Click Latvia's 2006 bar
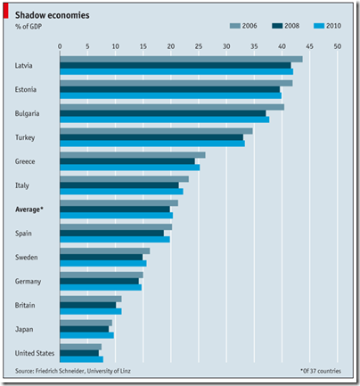click(x=181, y=59)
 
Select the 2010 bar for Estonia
click(x=171, y=95)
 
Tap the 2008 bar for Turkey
click(x=151, y=137)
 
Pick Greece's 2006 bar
click(x=133, y=155)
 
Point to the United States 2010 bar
click(x=82, y=359)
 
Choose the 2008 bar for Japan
click(x=85, y=329)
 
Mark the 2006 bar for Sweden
click(x=105, y=251)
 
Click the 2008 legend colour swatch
click(x=277, y=26)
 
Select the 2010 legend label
click(x=333, y=26)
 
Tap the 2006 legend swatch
click(x=235, y=26)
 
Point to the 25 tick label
click(x=199, y=46)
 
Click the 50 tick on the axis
click(x=338, y=46)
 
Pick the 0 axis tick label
click(x=60, y=46)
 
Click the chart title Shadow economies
click(x=53, y=15)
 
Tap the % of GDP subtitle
click(x=29, y=27)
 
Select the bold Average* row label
click(x=29, y=209)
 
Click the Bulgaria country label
click(x=27, y=113)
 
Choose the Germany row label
click(x=28, y=282)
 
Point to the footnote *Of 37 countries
click(x=321, y=371)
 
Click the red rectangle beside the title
click(x=6, y=12)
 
